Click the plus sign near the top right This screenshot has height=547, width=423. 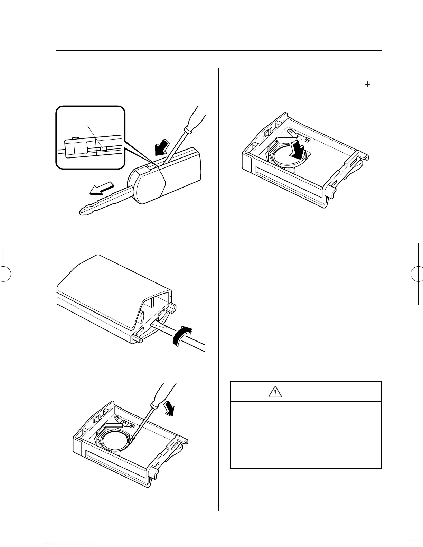tap(367, 84)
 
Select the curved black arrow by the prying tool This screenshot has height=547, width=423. tap(182, 335)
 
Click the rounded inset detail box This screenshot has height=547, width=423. tap(90, 137)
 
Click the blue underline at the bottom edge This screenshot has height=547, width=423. tap(69, 545)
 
